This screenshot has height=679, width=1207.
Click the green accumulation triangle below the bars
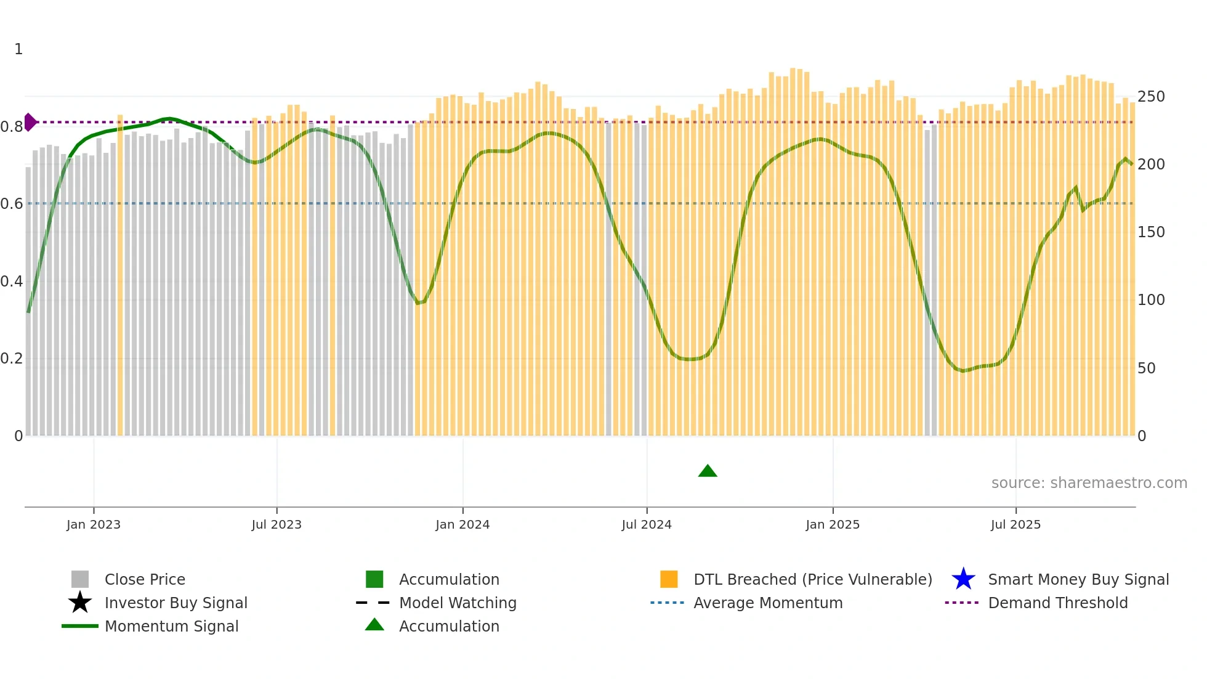708,471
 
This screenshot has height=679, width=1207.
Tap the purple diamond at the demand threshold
30,122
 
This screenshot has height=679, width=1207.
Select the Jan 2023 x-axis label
94,524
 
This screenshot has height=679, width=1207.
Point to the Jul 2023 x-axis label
277,524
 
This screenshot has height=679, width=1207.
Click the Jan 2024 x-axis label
462,524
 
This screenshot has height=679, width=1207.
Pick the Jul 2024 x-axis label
647,524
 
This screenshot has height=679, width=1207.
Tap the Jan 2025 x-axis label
833,524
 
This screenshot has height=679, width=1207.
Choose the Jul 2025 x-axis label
1015,524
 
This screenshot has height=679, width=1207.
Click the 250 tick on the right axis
1151,97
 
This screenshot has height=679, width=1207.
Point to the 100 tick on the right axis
1151,300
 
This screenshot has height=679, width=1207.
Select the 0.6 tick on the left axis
12,204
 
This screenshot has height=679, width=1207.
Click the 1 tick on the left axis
18,49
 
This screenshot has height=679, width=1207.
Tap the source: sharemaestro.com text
1089,483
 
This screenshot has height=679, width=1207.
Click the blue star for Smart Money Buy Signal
963,579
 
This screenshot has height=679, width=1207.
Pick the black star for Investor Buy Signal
80,603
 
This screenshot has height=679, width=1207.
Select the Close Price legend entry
145,579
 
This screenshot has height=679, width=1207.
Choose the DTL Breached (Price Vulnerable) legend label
813,579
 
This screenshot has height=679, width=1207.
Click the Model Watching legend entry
458,603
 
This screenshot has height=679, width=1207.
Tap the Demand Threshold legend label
1058,603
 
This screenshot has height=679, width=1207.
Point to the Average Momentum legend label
768,603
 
